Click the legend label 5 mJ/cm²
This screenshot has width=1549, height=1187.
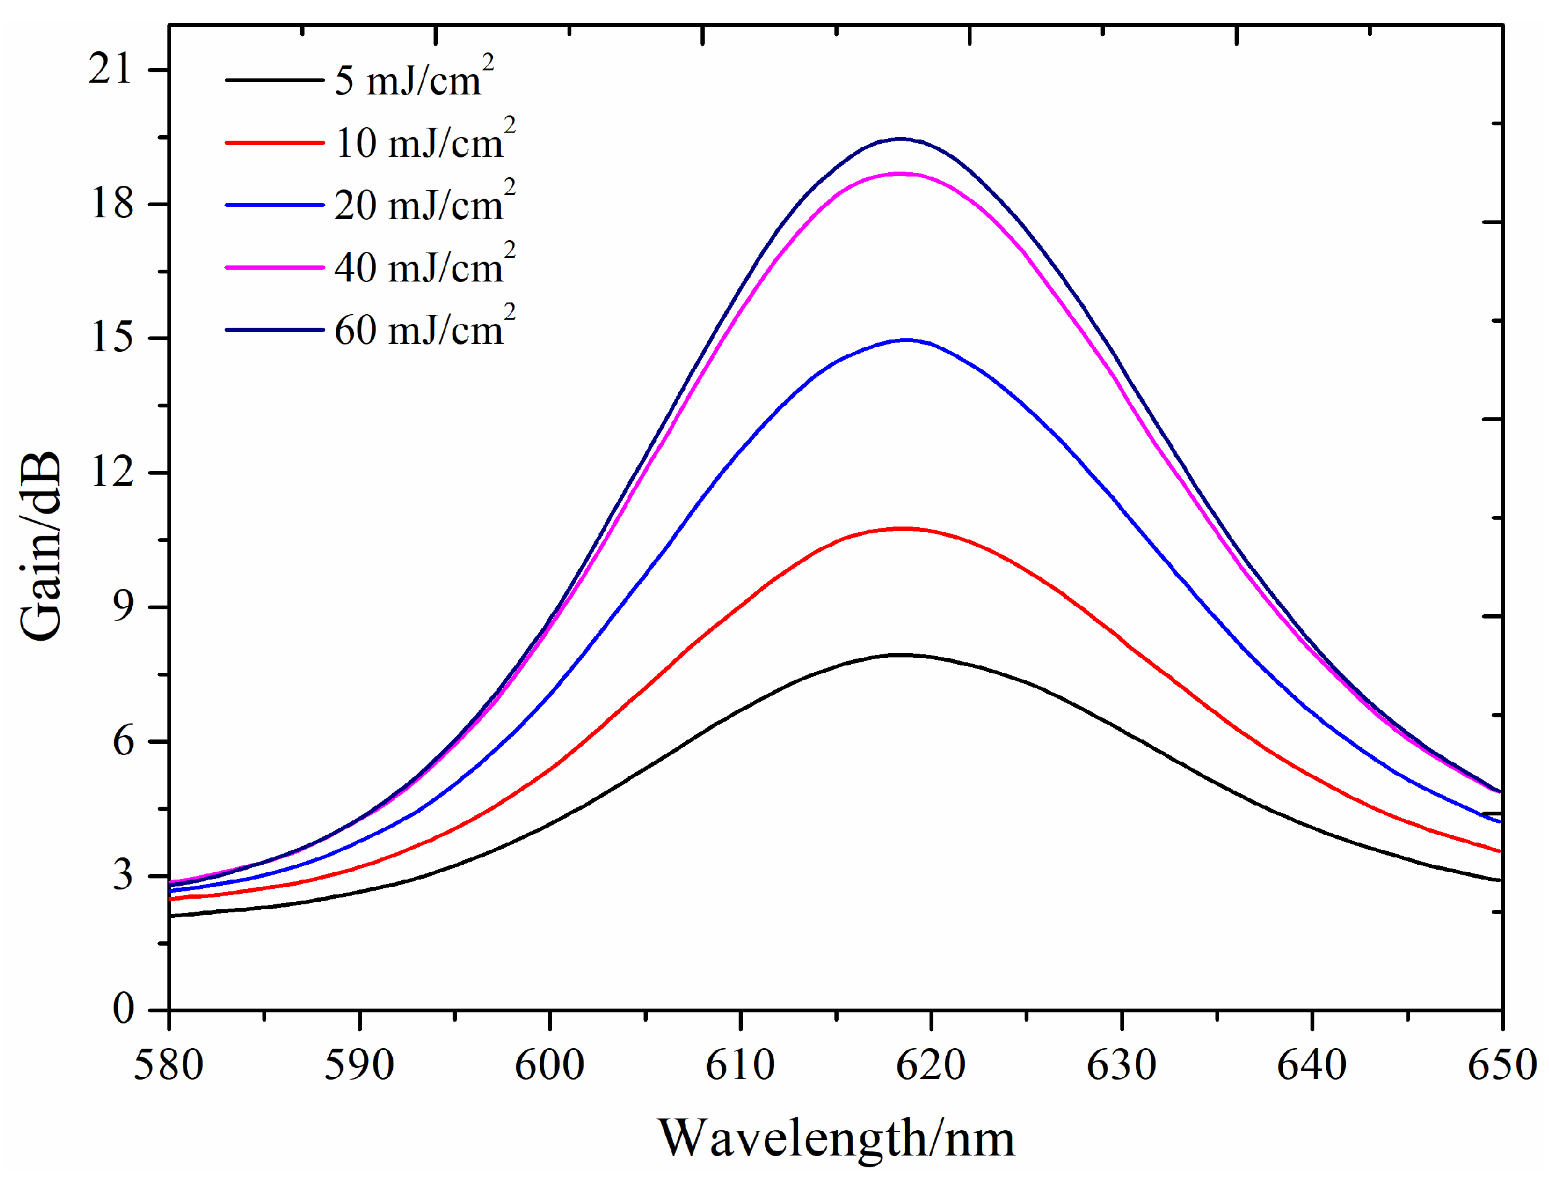point(414,78)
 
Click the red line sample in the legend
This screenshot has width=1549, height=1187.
point(274,143)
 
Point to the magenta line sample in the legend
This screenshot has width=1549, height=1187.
point(274,267)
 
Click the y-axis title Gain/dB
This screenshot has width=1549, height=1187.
point(40,546)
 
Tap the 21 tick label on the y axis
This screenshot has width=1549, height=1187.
point(111,69)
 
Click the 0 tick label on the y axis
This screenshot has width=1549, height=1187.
point(122,1008)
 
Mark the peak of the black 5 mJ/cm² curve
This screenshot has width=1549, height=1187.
point(899,655)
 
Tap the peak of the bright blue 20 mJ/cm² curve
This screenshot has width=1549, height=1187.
point(906,340)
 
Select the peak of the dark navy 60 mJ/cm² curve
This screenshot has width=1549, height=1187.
point(899,138)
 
